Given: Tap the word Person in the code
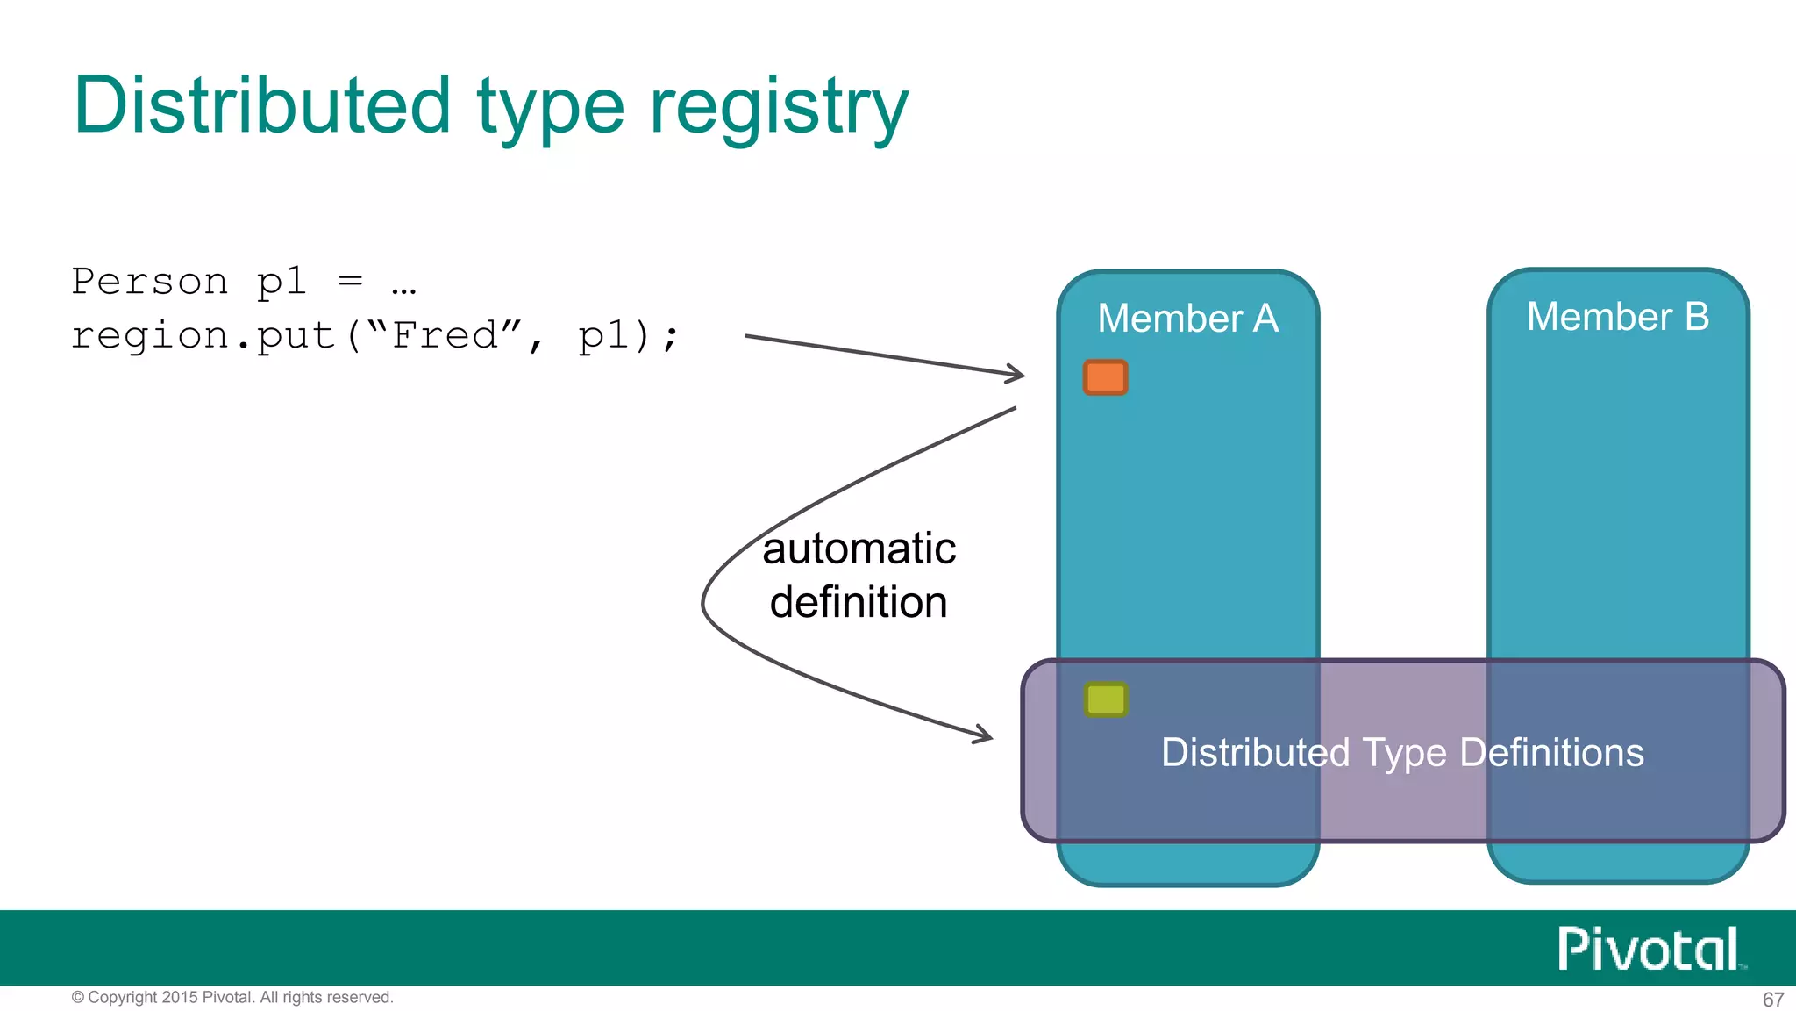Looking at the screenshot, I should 149,282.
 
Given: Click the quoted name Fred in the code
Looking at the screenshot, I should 445,335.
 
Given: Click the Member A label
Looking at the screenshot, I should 1187,318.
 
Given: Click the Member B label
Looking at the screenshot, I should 1617,316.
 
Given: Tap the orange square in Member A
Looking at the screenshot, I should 1105,377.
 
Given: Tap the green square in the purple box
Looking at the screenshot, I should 1105,699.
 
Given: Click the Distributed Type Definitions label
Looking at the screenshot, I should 1401,752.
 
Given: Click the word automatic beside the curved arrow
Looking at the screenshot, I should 859,549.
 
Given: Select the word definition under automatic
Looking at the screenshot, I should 859,603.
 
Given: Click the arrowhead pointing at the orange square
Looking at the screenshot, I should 1017,374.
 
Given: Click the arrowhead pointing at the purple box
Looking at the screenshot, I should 986,735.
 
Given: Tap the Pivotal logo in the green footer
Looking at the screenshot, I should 1649,949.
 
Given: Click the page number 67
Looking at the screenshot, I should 1772,1000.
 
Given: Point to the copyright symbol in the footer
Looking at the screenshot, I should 77,998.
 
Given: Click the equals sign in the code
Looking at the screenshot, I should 350,281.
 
